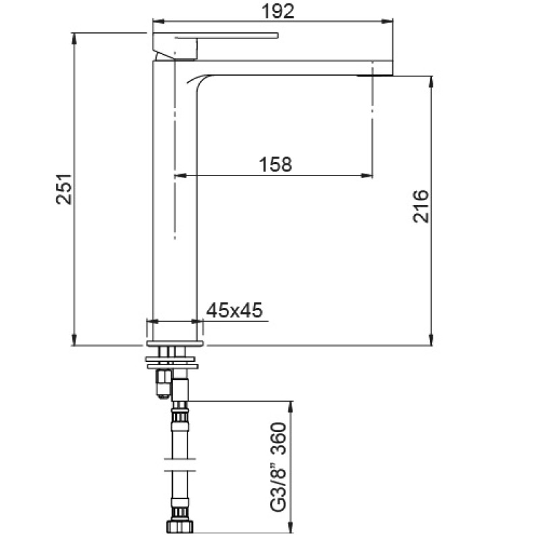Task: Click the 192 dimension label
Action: (x=278, y=11)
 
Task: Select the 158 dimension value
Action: (x=275, y=164)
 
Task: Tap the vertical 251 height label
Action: (x=64, y=189)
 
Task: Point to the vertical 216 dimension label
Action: (x=421, y=206)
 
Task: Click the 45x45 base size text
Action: (x=234, y=310)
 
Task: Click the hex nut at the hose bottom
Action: (x=180, y=526)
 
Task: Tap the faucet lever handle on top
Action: (x=215, y=36)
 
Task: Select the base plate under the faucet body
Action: (x=175, y=344)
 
